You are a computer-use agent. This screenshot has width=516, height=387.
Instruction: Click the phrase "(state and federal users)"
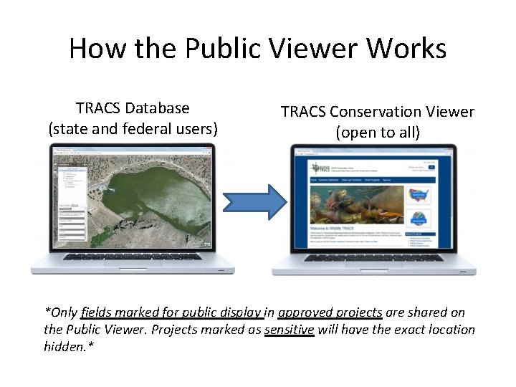[x=133, y=129]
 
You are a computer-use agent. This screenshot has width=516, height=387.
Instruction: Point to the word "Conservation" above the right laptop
[x=378, y=112]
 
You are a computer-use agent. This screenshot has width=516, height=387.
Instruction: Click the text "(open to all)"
[x=378, y=133]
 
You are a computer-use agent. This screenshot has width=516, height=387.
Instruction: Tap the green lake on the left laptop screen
[x=143, y=190]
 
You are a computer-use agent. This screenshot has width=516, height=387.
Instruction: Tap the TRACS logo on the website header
[x=318, y=168]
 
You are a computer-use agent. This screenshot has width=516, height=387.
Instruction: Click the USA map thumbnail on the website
[x=419, y=194]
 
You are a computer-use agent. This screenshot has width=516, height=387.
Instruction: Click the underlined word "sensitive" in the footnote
[x=290, y=330]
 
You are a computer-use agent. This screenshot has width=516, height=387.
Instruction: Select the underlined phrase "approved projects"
[x=330, y=312]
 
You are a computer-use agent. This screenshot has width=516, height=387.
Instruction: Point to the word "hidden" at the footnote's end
[x=66, y=347]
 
